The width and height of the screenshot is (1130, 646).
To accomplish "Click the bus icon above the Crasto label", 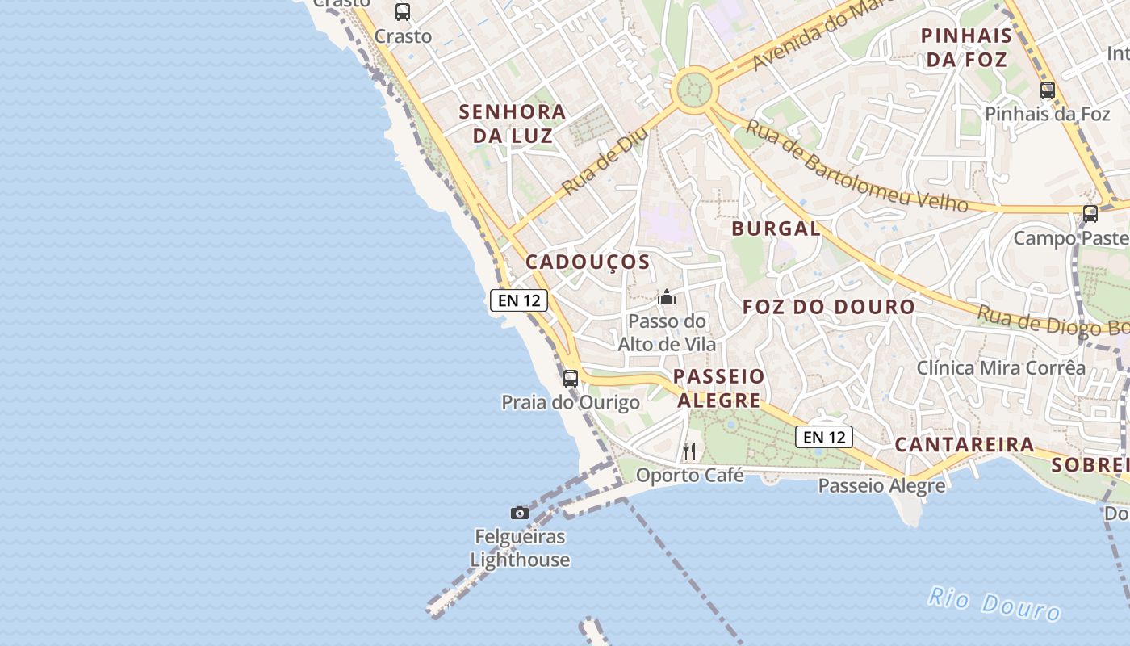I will pyautogui.click(x=403, y=12).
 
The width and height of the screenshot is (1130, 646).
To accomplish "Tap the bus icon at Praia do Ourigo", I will pyautogui.click(x=571, y=378).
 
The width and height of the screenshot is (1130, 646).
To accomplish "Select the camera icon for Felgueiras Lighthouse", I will pyautogui.click(x=520, y=513).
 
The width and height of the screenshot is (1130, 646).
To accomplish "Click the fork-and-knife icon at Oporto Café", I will pyautogui.click(x=689, y=451).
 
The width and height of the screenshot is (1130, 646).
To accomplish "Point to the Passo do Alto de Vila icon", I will pyautogui.click(x=667, y=297).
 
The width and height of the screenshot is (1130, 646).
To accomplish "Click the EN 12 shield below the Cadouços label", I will pyautogui.click(x=519, y=301).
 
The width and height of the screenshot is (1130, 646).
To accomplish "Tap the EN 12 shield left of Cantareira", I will pyautogui.click(x=824, y=437).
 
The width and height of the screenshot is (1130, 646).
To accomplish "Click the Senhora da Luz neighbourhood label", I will pyautogui.click(x=513, y=124).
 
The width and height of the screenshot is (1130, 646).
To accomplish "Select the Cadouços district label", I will pyautogui.click(x=588, y=262).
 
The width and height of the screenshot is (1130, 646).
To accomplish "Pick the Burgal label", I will pyautogui.click(x=776, y=229).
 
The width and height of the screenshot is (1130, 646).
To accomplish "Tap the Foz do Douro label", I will pyautogui.click(x=828, y=307).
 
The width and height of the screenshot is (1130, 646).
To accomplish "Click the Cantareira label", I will pyautogui.click(x=964, y=444).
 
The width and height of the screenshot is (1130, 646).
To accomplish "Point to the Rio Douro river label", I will pyautogui.click(x=994, y=604).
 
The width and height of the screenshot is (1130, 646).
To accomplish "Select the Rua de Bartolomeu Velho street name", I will pyautogui.click(x=856, y=166).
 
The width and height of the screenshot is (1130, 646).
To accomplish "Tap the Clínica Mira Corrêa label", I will pyautogui.click(x=1001, y=368).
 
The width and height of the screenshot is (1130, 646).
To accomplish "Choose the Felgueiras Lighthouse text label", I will pyautogui.click(x=520, y=548).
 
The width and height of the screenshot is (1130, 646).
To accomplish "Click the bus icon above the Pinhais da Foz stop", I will pyautogui.click(x=1048, y=90).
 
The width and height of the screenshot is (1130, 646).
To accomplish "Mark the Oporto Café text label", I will pyautogui.click(x=689, y=476).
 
